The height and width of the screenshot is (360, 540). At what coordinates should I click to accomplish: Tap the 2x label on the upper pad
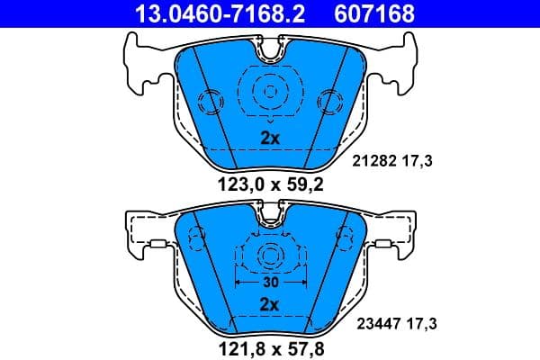click(269, 138)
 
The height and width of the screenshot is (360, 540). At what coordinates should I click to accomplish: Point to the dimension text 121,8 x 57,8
click(269, 345)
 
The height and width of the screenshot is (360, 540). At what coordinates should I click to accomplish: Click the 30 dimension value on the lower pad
click(269, 283)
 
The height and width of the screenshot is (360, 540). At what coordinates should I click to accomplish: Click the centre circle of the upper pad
click(269, 89)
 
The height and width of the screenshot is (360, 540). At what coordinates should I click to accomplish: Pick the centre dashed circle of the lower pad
click(269, 256)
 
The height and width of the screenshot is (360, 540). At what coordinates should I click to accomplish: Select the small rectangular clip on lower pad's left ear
click(155, 244)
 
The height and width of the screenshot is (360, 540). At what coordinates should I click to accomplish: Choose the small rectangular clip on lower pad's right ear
click(384, 244)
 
